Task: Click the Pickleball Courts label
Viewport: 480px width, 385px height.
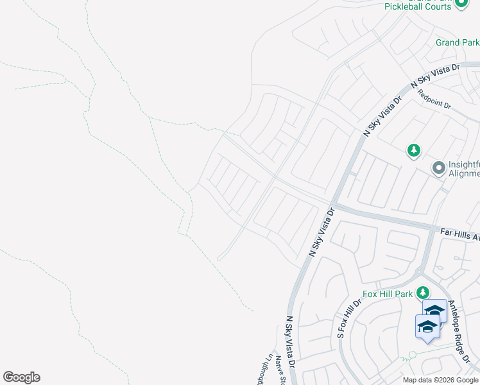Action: coord(418,6)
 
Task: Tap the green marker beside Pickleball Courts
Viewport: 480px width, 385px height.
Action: coord(461,3)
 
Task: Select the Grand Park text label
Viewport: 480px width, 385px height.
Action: coord(457,42)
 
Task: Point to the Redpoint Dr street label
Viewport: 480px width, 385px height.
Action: coord(435,98)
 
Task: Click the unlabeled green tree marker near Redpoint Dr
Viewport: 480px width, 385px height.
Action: coord(414,151)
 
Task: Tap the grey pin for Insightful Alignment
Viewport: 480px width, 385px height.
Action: coord(439,168)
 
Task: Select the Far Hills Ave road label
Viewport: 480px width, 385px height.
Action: coord(459,234)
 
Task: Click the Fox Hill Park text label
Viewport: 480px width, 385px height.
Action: coord(387,294)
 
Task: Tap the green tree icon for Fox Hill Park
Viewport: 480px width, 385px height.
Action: coord(422,293)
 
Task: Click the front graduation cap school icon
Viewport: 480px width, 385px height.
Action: coord(427,327)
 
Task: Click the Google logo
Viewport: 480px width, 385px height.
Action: coord(21,377)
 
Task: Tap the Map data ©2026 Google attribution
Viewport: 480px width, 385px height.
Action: coord(440,380)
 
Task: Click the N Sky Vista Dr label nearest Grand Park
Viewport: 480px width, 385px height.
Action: coord(436,74)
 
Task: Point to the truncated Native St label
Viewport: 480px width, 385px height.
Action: coord(280,372)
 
